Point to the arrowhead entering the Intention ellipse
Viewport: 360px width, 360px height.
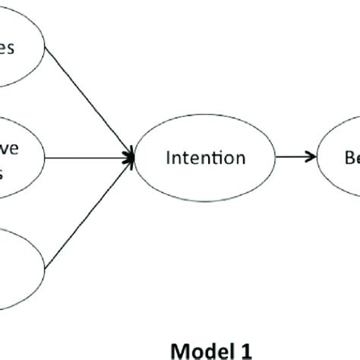pos(130,158)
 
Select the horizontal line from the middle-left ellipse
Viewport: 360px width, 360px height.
pos(84,158)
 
